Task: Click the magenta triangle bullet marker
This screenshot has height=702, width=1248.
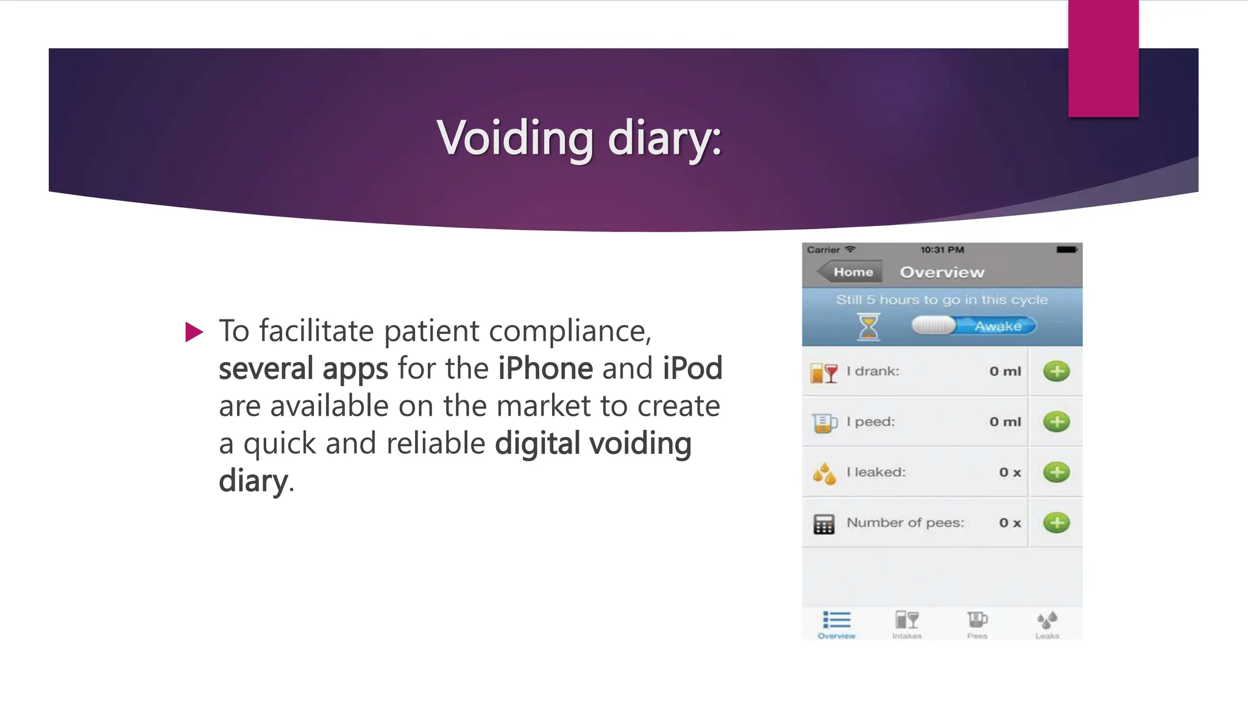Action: pyautogui.click(x=194, y=332)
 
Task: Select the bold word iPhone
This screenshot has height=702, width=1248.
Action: pyautogui.click(x=545, y=369)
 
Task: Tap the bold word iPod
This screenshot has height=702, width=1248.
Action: pyautogui.click(x=692, y=369)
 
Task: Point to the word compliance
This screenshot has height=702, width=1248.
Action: pyautogui.click(x=570, y=331)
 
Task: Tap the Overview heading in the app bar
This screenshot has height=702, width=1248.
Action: pyautogui.click(x=942, y=272)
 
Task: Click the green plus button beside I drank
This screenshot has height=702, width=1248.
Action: pyautogui.click(x=1056, y=371)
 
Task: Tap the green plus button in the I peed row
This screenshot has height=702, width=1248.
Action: pyautogui.click(x=1056, y=422)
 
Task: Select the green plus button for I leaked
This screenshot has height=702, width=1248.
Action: pyautogui.click(x=1056, y=472)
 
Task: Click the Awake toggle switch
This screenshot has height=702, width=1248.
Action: pyautogui.click(x=973, y=326)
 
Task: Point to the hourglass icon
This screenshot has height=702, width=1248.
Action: pyautogui.click(x=868, y=327)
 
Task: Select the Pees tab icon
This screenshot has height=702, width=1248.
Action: pyautogui.click(x=977, y=621)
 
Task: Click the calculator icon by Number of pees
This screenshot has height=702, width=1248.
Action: pyautogui.click(x=824, y=523)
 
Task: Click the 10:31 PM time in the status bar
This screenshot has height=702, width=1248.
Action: pyautogui.click(x=941, y=250)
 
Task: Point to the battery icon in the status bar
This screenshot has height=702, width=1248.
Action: pyautogui.click(x=1066, y=250)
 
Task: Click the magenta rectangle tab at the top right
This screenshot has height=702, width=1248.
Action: pyautogui.click(x=1103, y=58)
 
